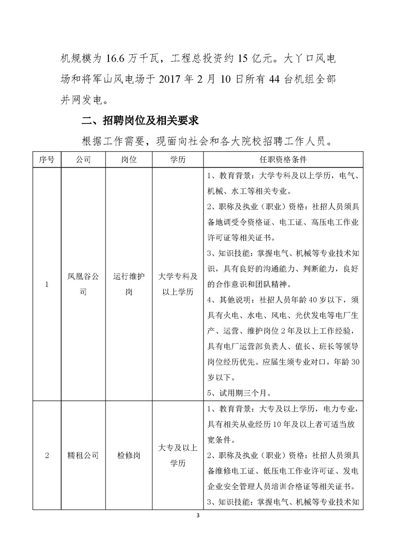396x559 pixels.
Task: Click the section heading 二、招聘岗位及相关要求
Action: [140, 121]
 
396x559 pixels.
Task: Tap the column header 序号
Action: [47, 160]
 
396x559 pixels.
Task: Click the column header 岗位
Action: [129, 160]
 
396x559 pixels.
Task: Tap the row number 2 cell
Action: [47, 455]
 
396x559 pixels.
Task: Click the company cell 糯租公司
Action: [83, 455]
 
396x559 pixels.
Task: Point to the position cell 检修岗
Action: [129, 455]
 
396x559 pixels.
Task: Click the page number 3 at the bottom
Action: [198, 516]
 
